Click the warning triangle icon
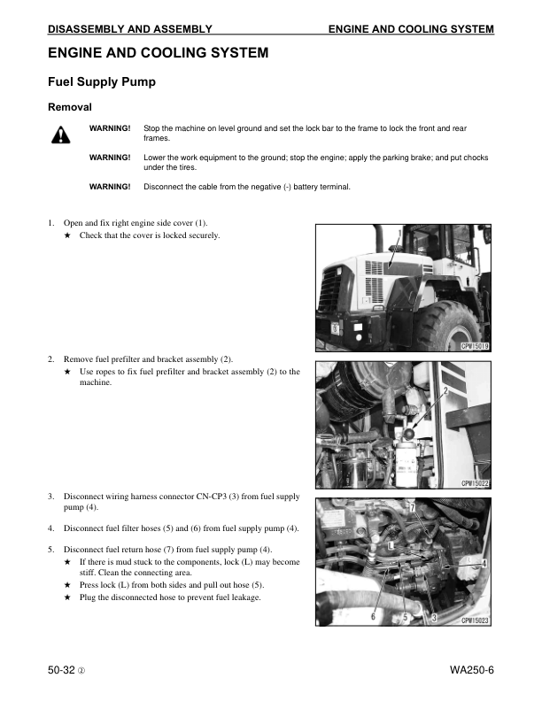(x=59, y=135)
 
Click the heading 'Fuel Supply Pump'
(x=102, y=83)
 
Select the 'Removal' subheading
(x=70, y=108)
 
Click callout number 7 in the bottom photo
(x=411, y=507)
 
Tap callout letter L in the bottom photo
(x=391, y=547)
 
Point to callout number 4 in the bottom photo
(x=484, y=563)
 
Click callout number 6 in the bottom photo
(x=374, y=615)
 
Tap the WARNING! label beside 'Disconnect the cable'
(x=110, y=187)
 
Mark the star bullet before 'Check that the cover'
(x=68, y=236)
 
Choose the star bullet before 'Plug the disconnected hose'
(x=68, y=597)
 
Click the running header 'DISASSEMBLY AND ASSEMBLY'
(x=129, y=29)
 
